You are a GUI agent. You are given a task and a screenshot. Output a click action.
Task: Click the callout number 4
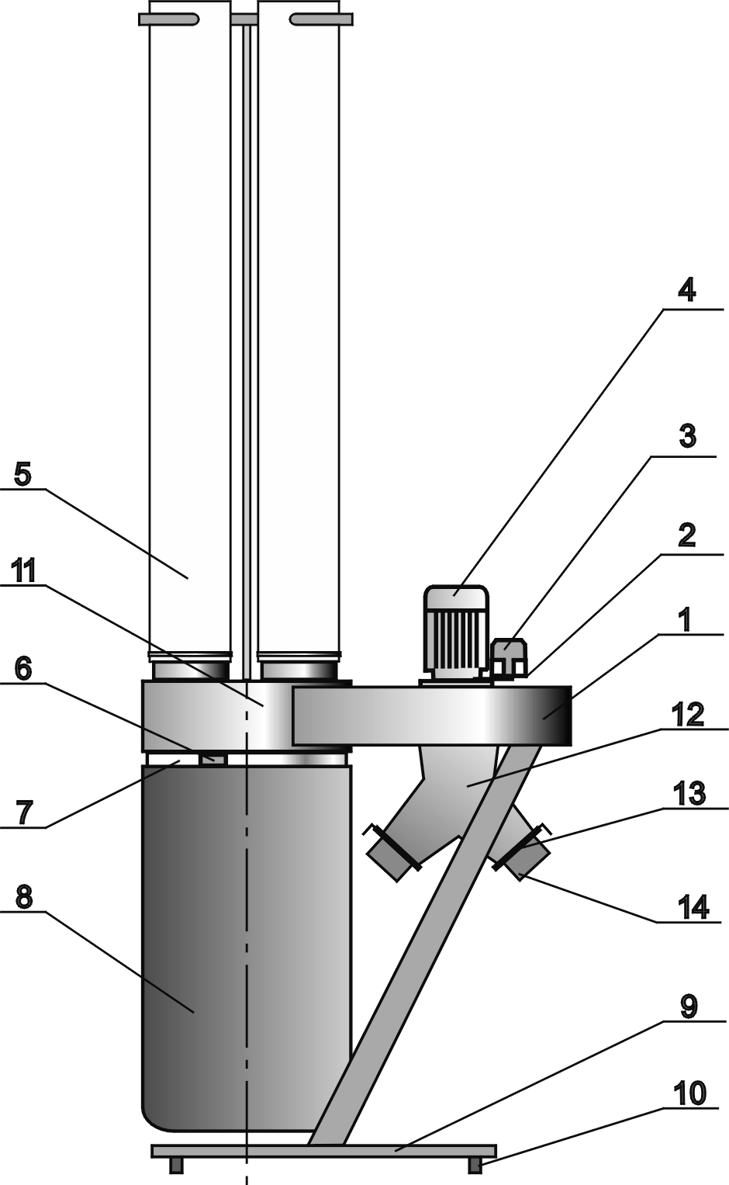(686, 291)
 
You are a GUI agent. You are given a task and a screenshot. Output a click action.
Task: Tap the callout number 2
(686, 535)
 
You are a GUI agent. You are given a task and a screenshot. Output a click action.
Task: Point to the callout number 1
(686, 618)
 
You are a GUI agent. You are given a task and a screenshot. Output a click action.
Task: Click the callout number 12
(687, 714)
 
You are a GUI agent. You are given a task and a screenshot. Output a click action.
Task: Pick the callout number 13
(689, 794)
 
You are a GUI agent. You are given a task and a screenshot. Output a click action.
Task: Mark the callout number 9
(688, 1007)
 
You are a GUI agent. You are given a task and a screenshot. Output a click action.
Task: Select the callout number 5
(22, 473)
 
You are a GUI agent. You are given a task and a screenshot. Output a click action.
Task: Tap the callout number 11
(23, 571)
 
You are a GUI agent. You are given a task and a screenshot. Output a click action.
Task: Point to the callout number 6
(23, 667)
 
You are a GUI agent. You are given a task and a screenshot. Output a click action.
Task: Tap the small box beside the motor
(510, 657)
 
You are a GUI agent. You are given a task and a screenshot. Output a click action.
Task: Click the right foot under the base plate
(475, 1164)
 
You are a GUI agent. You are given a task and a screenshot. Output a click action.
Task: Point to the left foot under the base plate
(176, 1164)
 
